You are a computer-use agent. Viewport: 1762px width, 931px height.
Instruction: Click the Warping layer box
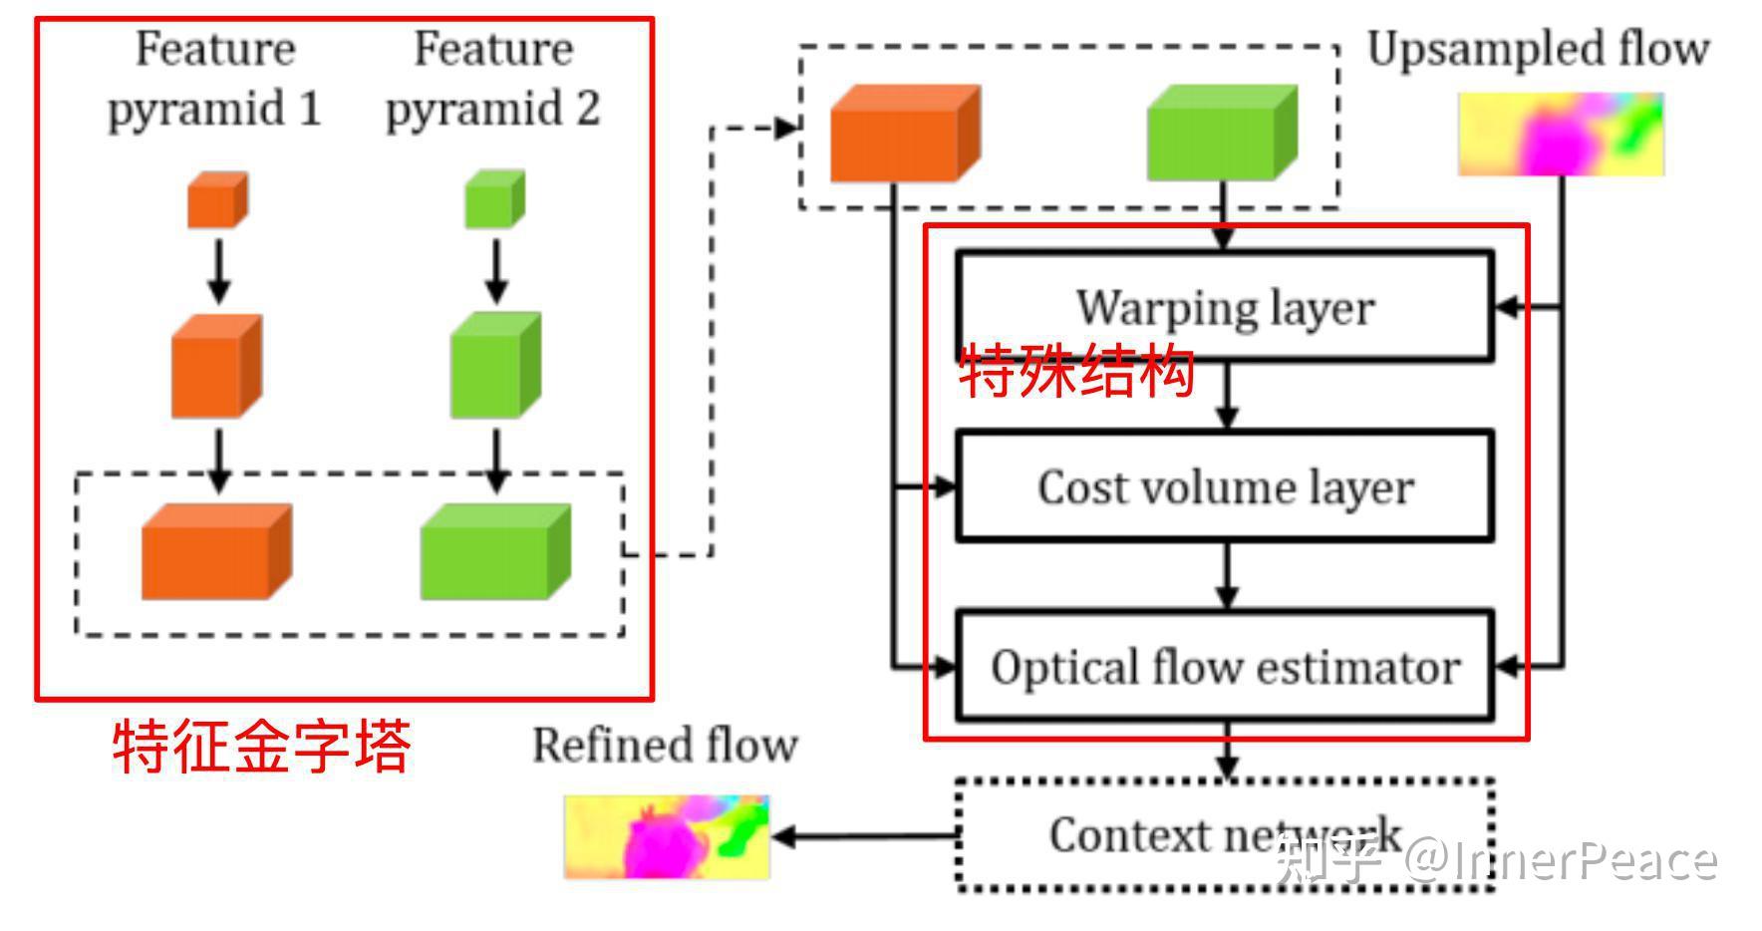(x=1224, y=305)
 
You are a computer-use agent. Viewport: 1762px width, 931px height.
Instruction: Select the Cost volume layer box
(x=1224, y=486)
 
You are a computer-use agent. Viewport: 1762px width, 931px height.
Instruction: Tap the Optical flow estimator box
(x=1224, y=666)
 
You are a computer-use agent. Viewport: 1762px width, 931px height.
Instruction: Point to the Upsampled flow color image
(x=1561, y=135)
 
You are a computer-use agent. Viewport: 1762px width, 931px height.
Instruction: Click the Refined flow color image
(x=667, y=836)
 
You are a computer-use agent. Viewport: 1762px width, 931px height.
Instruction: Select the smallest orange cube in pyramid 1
(x=217, y=199)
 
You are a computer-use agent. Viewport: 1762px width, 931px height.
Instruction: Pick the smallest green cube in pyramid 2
(x=494, y=199)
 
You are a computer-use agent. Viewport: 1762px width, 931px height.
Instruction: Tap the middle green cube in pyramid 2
(x=495, y=366)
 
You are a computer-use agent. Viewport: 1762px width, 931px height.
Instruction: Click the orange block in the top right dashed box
(x=905, y=134)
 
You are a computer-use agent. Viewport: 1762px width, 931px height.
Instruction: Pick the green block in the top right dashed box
(x=1222, y=134)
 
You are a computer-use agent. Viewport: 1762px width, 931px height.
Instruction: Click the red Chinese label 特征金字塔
(x=261, y=747)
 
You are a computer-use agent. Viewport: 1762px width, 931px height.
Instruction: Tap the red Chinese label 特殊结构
(x=1076, y=372)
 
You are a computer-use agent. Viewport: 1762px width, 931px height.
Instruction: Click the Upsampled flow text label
(x=1538, y=49)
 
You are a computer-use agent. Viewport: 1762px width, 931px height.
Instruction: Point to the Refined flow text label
(x=665, y=746)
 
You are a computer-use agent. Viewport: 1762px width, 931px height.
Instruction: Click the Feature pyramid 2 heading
(x=493, y=78)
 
